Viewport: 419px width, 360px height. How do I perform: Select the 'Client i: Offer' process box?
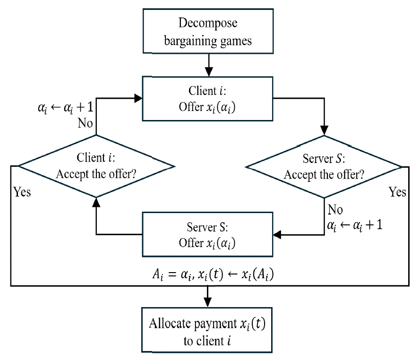pyautogui.click(x=207, y=98)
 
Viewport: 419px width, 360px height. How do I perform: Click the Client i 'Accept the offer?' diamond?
pyautogui.click(x=96, y=166)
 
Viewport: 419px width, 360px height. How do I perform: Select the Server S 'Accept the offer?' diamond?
pyautogui.click(x=324, y=166)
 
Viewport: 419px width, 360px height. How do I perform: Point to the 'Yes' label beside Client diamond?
pyautogui.click(x=22, y=192)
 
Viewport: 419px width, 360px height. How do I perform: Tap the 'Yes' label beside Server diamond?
pyautogui.click(x=397, y=192)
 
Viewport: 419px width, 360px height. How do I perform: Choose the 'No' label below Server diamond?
pyautogui.click(x=335, y=209)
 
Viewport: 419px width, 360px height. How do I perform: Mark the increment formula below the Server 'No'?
pyautogui.click(x=354, y=224)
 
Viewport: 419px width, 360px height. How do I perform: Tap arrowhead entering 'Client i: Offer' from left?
pyautogui.click(x=138, y=98)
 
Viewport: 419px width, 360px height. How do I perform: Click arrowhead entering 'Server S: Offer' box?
pyautogui.click(x=277, y=234)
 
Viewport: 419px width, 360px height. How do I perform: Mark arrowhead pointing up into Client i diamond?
pyautogui.click(x=96, y=201)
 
